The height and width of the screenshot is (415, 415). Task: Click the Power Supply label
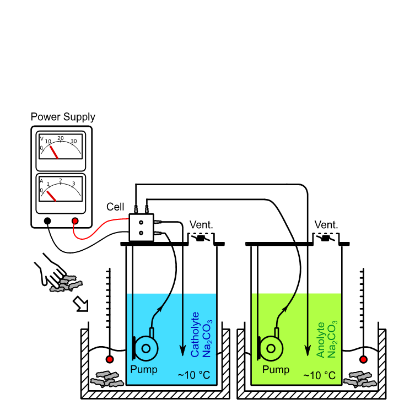click(x=62, y=117)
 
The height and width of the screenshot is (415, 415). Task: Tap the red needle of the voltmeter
click(x=54, y=152)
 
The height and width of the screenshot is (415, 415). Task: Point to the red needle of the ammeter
click(x=51, y=196)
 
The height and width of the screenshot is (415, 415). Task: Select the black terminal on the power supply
click(x=48, y=221)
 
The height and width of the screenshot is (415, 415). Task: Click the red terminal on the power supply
click(x=74, y=221)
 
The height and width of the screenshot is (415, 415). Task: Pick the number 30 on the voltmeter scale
click(x=74, y=141)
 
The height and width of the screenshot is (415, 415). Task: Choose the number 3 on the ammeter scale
click(x=73, y=184)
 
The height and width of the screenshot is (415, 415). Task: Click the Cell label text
click(x=115, y=207)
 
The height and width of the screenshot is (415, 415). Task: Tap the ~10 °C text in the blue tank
click(x=194, y=375)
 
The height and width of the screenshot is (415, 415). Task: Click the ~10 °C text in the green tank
click(x=319, y=375)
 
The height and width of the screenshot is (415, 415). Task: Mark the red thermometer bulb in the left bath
click(x=110, y=360)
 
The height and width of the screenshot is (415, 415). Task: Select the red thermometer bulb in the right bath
click(x=363, y=360)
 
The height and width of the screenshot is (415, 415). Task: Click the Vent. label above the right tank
click(x=326, y=225)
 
